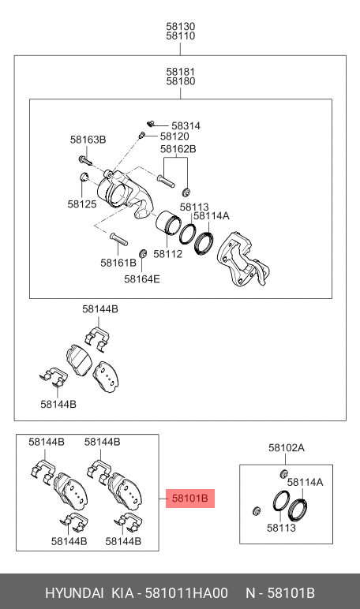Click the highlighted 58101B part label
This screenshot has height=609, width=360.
point(189,499)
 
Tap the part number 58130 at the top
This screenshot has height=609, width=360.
point(180,26)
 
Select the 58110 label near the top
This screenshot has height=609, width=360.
point(180,36)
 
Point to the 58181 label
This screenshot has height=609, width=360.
point(180,71)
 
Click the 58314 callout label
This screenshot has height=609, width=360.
point(186,125)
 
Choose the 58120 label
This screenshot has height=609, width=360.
point(174,136)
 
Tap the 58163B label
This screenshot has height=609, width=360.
point(87,140)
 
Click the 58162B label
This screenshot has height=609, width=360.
point(178,148)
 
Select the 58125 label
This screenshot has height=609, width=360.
point(81,204)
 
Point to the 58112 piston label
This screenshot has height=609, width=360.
point(167,254)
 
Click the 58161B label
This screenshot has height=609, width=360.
point(118,263)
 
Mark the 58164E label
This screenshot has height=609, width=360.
point(141,278)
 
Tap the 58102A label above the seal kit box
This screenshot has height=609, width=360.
point(286,447)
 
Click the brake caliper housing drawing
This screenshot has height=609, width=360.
point(118,192)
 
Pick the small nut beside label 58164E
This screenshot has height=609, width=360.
point(143,253)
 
